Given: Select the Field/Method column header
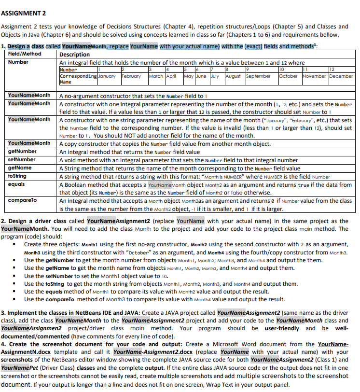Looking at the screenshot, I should [26, 55].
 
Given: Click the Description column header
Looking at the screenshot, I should [74, 55].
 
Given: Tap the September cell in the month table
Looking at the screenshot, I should [259, 76].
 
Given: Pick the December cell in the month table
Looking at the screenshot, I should [341, 76].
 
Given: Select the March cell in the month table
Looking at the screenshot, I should [156, 76].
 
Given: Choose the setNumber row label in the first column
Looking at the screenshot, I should [22, 160].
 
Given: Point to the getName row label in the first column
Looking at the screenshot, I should [20, 168].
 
